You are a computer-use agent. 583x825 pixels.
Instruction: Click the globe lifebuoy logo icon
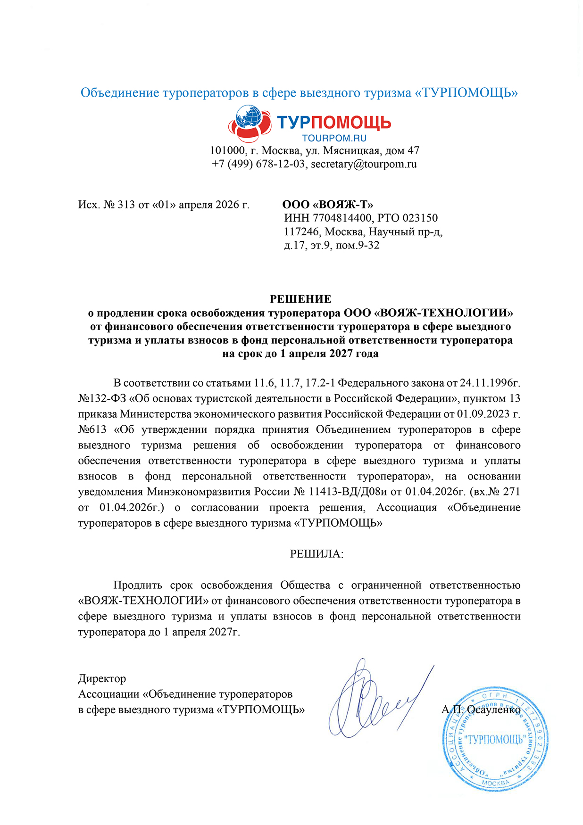[x=250, y=124]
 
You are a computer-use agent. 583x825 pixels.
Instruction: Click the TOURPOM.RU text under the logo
[x=334, y=138]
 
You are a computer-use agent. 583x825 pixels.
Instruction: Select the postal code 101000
[x=227, y=151]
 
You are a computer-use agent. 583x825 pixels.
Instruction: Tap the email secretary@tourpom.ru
[x=364, y=164]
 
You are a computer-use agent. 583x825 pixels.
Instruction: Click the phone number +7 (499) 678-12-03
[x=259, y=164]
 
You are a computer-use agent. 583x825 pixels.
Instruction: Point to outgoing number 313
[x=126, y=205]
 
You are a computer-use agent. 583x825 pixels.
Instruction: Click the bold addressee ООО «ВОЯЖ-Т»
[x=328, y=205]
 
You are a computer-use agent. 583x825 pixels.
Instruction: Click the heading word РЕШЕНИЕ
[x=300, y=299]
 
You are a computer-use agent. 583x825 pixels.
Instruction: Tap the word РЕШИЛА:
[x=316, y=554]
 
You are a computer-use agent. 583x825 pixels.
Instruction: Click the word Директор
[x=102, y=679]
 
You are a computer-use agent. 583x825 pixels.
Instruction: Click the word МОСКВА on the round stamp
[x=495, y=783]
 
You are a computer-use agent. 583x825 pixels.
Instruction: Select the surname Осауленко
[x=494, y=709]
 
